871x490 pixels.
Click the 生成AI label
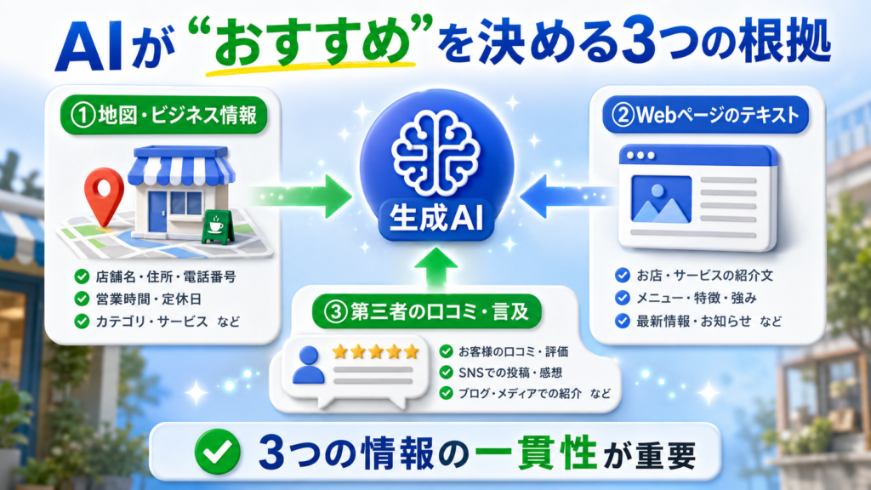pyautogui.click(x=436, y=219)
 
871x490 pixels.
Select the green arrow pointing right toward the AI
pyautogui.click(x=302, y=197)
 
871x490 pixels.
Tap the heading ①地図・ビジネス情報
pyautogui.click(x=164, y=115)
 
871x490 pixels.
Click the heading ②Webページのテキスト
pyautogui.click(x=705, y=115)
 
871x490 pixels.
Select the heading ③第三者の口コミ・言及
pyautogui.click(x=427, y=311)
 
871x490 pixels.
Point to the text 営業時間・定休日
pyautogui.click(x=149, y=299)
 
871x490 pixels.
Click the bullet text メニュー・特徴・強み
pyautogui.click(x=697, y=299)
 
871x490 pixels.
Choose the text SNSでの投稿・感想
pyautogui.click(x=510, y=373)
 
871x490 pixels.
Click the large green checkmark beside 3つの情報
pyautogui.click(x=218, y=452)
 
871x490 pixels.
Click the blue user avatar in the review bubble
pyautogui.click(x=308, y=365)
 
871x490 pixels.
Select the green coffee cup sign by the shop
pyautogui.click(x=217, y=226)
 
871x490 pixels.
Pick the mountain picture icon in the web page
pyautogui.click(x=662, y=199)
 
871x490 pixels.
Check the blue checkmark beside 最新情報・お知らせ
pyautogui.click(x=623, y=321)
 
